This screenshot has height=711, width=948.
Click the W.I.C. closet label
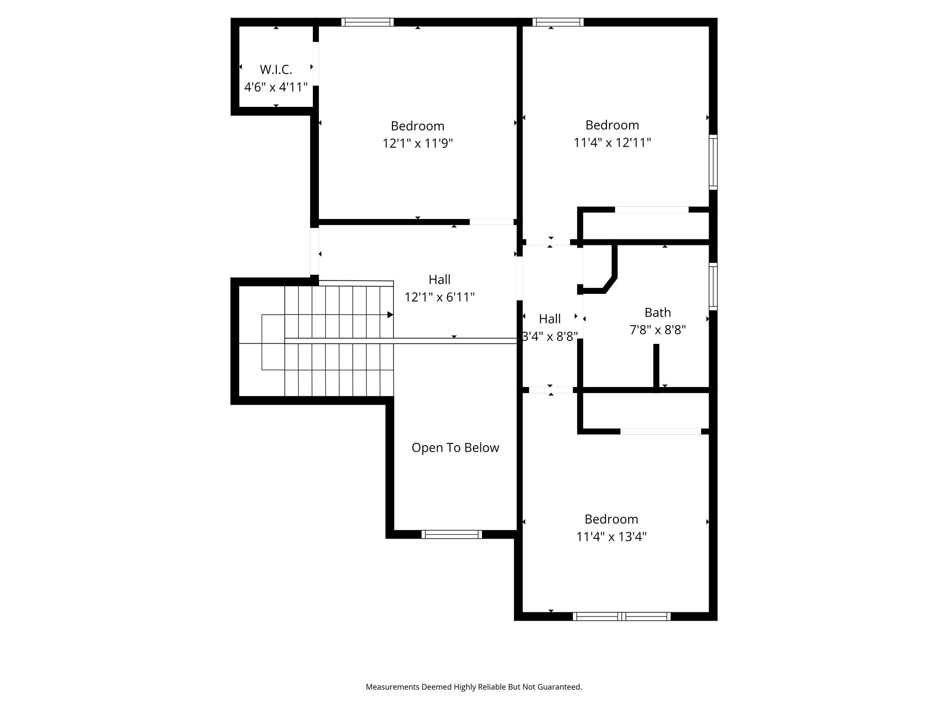(x=276, y=69)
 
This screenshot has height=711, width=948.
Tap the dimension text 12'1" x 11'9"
(x=418, y=143)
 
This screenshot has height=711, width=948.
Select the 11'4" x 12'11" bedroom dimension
(x=612, y=143)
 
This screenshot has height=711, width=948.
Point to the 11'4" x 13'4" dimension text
(x=611, y=537)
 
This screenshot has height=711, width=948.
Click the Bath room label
(x=658, y=312)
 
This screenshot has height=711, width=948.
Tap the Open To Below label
(x=455, y=448)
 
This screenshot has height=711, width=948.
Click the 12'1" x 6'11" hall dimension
(x=440, y=297)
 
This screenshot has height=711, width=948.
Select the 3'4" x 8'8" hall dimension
(x=550, y=337)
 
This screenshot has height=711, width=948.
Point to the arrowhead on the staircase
(x=390, y=315)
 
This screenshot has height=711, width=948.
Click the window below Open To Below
(x=452, y=535)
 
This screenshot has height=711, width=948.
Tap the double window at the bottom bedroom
(x=622, y=617)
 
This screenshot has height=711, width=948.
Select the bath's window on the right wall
(x=713, y=287)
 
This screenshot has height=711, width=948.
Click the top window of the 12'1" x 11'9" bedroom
(x=368, y=22)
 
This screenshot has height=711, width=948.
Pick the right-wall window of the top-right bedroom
(x=713, y=162)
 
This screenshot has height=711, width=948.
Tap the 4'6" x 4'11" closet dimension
(x=276, y=87)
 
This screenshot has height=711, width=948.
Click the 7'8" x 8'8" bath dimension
(x=658, y=330)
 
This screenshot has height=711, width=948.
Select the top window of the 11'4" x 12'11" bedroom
(x=558, y=22)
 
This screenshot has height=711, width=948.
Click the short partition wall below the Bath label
(x=656, y=367)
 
